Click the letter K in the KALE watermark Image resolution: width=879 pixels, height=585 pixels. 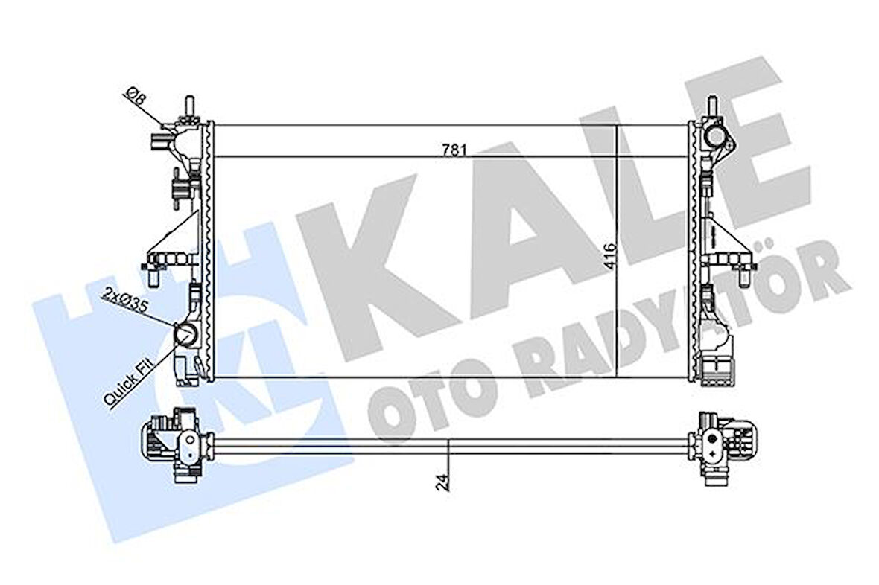pos(372,253)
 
